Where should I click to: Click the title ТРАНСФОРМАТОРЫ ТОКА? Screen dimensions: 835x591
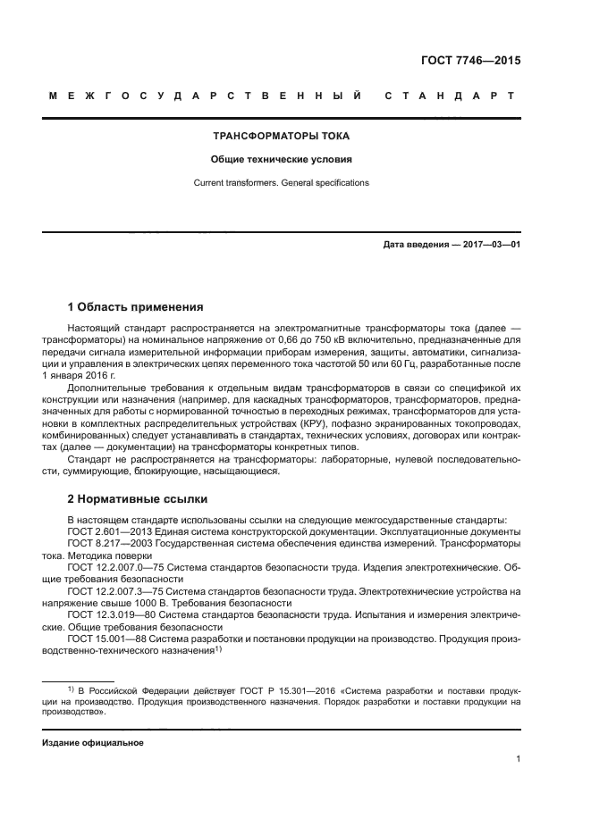[280, 137]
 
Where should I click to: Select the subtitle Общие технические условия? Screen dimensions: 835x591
[280, 160]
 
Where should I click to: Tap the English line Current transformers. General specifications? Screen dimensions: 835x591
[280, 183]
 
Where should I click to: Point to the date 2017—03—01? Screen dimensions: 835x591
[490, 243]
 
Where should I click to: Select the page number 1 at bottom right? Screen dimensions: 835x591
[518, 759]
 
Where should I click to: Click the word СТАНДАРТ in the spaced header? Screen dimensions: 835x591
[450, 95]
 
